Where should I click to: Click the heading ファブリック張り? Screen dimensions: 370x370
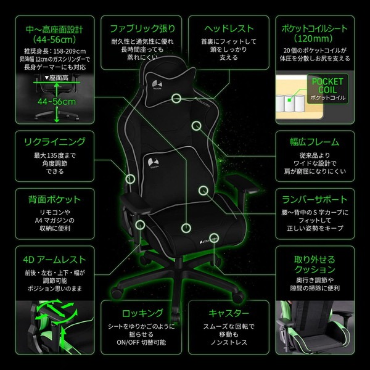click(142, 28)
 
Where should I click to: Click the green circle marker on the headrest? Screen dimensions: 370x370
click(177, 97)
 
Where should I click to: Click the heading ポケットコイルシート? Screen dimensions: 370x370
click(314, 29)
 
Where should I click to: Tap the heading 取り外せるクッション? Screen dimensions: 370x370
click(314, 265)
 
